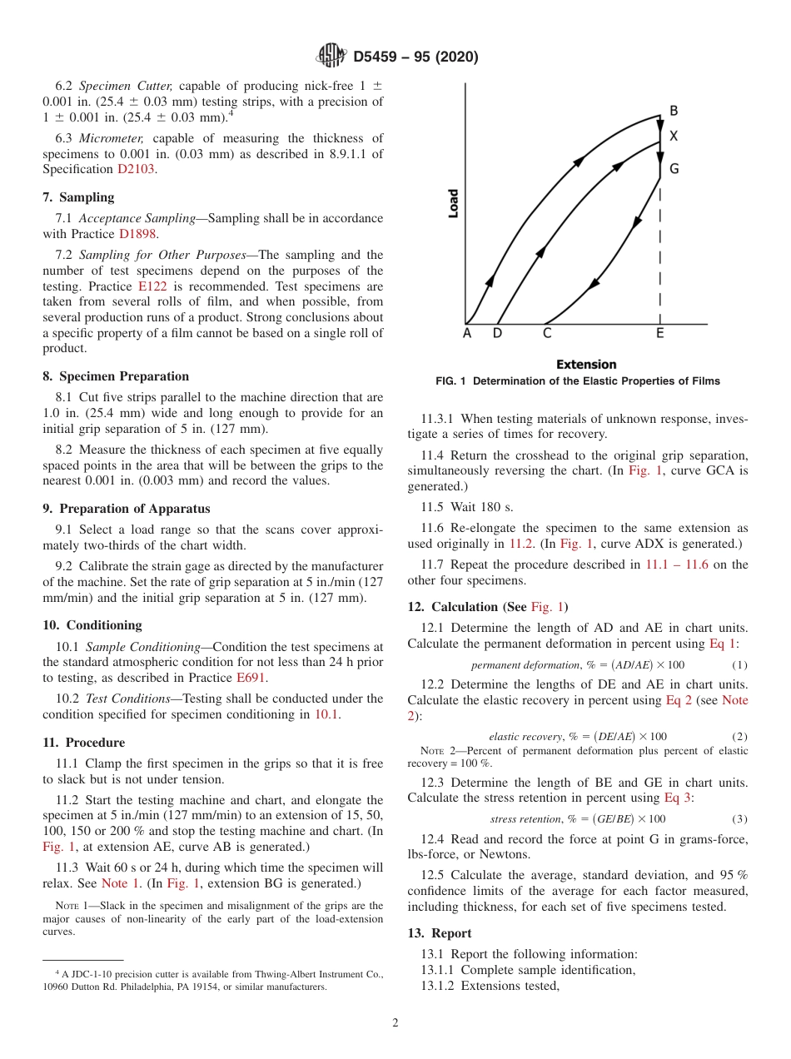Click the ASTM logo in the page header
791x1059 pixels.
pyautogui.click(x=331, y=57)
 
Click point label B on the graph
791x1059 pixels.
pyautogui.click(x=674, y=111)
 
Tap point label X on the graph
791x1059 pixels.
pyautogui.click(x=674, y=136)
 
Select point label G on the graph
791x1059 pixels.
pyautogui.click(x=674, y=169)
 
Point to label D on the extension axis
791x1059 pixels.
pyautogui.click(x=497, y=334)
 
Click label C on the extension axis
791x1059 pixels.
pyautogui.click(x=547, y=334)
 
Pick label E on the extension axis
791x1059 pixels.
pyautogui.click(x=660, y=334)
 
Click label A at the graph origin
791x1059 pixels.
pyautogui.click(x=466, y=334)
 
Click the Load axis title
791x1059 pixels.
pyautogui.click(x=454, y=204)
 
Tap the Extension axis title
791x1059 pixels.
pyautogui.click(x=586, y=365)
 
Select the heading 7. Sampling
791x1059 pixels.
pyautogui.click(x=79, y=197)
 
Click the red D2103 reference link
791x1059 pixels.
pyautogui.click(x=136, y=169)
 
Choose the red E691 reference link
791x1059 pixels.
pyautogui.click(x=250, y=678)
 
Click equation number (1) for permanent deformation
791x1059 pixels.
pyautogui.click(x=739, y=665)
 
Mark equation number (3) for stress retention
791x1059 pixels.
pyautogui.click(x=739, y=819)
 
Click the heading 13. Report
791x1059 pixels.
pyautogui.click(x=440, y=933)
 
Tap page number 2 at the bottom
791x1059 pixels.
pyautogui.click(x=395, y=1023)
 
